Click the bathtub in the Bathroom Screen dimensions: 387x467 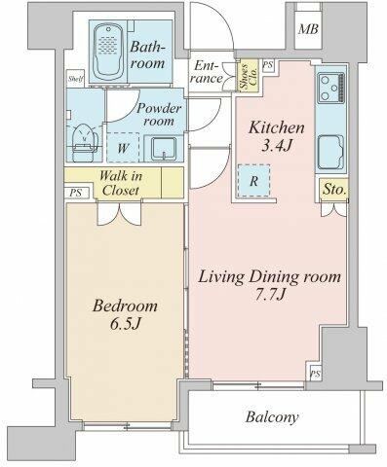point(108,51)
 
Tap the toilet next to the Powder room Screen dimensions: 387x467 point(85,143)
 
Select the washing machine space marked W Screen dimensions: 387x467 point(123,148)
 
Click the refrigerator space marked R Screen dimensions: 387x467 point(253,181)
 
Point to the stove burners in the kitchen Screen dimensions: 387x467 point(331,88)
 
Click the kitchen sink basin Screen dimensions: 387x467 point(330,152)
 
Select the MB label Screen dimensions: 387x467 point(308,29)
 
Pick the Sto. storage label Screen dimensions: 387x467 point(333,189)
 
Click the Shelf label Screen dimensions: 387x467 point(76,79)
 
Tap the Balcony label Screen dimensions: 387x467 point(272,416)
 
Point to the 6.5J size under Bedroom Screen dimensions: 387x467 point(126,324)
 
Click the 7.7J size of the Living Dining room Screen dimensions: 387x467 point(270,294)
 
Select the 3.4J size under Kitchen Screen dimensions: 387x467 point(276,146)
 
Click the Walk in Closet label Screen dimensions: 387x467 point(121,183)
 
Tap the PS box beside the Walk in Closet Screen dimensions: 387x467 point(76,193)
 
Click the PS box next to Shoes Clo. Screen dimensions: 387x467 point(268,65)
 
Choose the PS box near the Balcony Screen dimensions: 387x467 point(315,375)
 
